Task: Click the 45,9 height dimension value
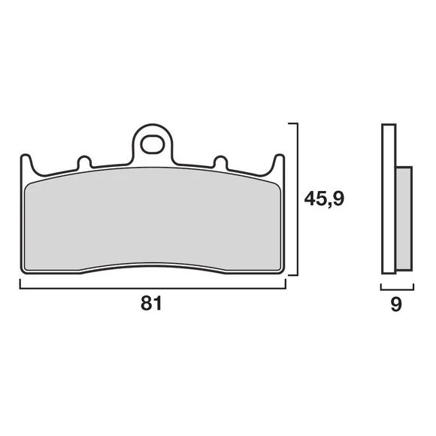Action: pyautogui.click(x=324, y=198)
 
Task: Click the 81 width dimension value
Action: pyautogui.click(x=151, y=303)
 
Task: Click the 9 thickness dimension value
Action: pyautogui.click(x=396, y=304)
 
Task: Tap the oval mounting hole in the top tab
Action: pyautogui.click(x=153, y=144)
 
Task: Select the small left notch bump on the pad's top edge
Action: pyautogui.click(x=84, y=162)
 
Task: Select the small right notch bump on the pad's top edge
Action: pyautogui.click(x=220, y=162)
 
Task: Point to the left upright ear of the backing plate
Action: pyautogui.click(x=26, y=162)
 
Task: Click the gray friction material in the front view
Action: pyautogui.click(x=153, y=219)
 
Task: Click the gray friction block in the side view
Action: pyautogui.click(x=404, y=219)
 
